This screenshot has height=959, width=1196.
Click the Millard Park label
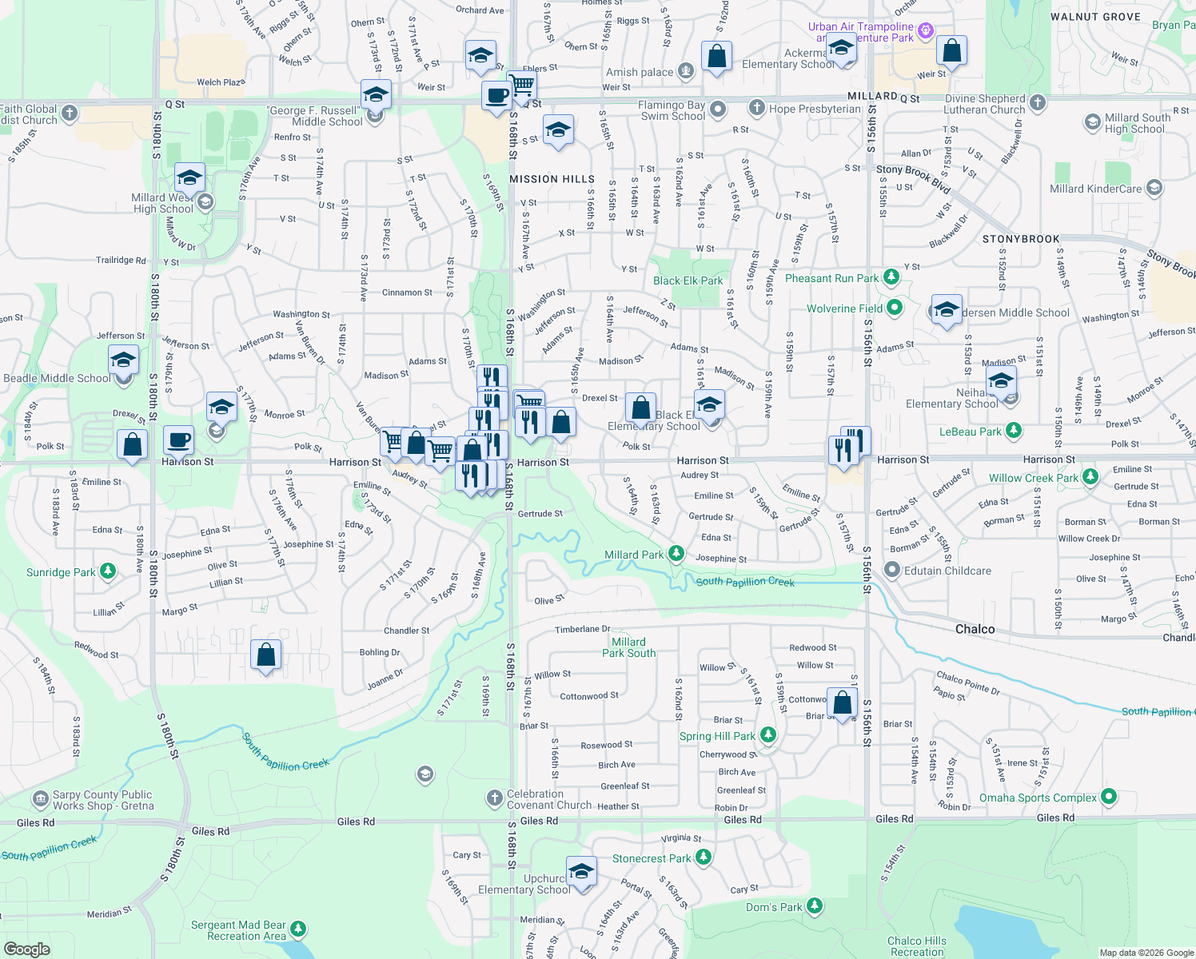tap(634, 555)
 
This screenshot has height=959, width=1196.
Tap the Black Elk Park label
tap(688, 281)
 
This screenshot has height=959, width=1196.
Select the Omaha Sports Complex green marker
tap(1108, 797)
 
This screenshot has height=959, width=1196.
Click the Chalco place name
tap(975, 629)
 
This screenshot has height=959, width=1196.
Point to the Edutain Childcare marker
tap(892, 570)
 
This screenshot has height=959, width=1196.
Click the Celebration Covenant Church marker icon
tap(495, 798)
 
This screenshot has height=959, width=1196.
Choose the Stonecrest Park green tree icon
tap(704, 858)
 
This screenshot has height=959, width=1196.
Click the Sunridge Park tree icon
tap(108, 571)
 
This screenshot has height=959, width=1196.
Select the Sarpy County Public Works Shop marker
tap(40, 799)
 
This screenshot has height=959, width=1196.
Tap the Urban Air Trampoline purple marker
tap(926, 30)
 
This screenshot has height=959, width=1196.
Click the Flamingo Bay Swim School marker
tap(718, 109)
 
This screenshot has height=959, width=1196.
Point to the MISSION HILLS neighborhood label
tap(552, 179)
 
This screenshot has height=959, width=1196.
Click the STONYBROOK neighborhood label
tap(1021, 239)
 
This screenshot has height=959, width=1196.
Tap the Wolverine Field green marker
tap(895, 308)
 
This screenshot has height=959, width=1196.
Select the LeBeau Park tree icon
tap(1014, 431)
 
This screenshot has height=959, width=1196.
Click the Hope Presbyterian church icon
tap(757, 108)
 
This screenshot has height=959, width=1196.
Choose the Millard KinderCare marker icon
tap(1154, 188)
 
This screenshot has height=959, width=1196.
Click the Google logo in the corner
tap(26, 949)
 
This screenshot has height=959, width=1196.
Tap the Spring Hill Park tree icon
tap(767, 735)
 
